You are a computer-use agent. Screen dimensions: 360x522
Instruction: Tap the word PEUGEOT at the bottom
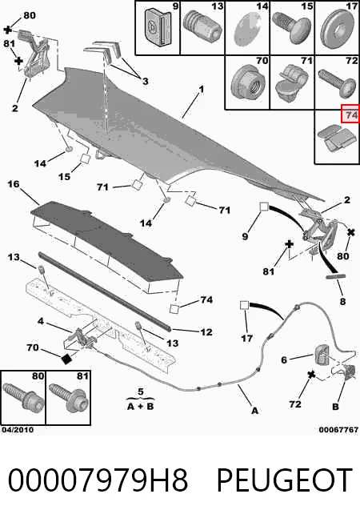pos(285,480)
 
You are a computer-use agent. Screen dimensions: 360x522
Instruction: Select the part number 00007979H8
pos(98,480)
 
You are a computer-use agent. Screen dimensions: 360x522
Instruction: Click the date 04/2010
pos(18,430)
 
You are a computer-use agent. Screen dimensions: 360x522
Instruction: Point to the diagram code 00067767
pos(338,430)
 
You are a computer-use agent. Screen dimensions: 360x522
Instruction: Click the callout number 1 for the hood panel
pos(201,89)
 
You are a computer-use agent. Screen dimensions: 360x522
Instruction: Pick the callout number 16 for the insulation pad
pos(14,184)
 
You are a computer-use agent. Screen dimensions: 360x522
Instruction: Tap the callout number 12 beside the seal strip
pos(206,332)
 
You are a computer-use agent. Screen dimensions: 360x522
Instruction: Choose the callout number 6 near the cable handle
pos(284,359)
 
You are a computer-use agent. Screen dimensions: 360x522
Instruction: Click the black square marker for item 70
pos(67,359)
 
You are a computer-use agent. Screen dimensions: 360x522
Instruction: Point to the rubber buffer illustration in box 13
pos(202,26)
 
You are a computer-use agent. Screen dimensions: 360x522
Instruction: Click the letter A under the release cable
pos(254,411)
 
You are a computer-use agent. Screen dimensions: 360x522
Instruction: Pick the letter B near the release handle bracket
pos(336,407)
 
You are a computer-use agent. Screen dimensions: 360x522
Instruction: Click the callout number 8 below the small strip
pos(342,302)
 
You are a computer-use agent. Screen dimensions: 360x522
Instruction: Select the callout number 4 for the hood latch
pos(40,321)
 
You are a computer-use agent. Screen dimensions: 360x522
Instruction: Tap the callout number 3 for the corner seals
pos(145,81)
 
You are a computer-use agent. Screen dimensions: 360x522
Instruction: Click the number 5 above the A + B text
pos(141,391)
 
